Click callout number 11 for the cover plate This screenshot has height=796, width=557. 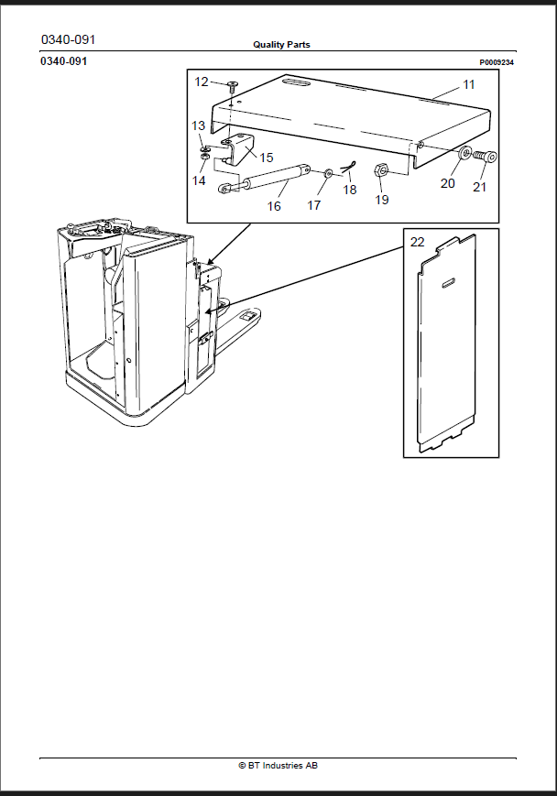(469, 84)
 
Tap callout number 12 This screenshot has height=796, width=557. (201, 82)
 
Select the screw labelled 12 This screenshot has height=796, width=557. (233, 85)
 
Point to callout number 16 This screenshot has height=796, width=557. (274, 205)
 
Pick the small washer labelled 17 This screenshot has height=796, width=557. (328, 174)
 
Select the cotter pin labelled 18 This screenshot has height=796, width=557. (348, 167)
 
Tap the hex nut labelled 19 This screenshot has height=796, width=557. (381, 169)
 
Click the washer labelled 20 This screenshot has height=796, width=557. (464, 153)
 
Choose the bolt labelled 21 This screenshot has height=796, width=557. (486, 156)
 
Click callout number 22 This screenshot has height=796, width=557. (417, 242)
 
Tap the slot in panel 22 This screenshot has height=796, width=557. (448, 283)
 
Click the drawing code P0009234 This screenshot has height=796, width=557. (497, 62)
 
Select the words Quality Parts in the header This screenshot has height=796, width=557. (281, 45)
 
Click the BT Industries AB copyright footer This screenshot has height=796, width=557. (278, 765)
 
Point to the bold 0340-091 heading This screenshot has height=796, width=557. (63, 61)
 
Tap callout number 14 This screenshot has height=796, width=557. (199, 180)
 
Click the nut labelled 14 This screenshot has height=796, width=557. (204, 158)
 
